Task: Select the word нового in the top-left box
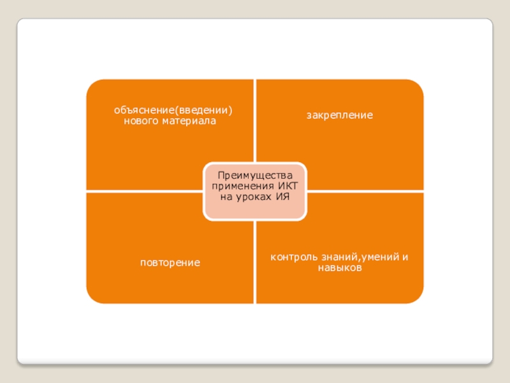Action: (140, 121)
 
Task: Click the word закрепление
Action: (339, 116)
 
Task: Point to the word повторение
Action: (170, 262)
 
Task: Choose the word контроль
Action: (293, 257)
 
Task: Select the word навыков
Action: (339, 268)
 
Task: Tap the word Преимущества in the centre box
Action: (254, 175)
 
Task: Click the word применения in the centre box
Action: (244, 186)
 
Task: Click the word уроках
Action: (254, 197)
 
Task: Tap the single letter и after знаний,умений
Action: (405, 257)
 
